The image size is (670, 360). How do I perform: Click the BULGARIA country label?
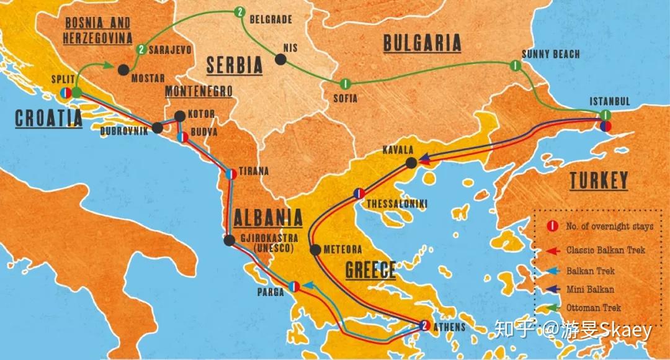coord(422,43)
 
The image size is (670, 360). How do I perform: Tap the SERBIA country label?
coord(234,65)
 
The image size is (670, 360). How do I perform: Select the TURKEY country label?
coord(599,181)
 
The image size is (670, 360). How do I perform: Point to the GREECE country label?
coord(370,270)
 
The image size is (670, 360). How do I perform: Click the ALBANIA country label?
coord(268,218)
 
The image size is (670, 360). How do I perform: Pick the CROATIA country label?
coord(48,118)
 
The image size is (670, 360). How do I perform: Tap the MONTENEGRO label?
coord(199,92)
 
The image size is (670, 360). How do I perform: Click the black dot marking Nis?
coord(280,60)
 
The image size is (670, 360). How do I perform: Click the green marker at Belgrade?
coord(240,11)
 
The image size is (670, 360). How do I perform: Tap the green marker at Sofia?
coord(345,84)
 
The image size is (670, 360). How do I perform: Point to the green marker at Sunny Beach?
coord(514,65)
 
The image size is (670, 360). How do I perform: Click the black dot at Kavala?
coord(411,163)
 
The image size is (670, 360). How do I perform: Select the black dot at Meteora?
coord(315,250)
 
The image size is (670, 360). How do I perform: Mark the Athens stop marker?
coord(424,325)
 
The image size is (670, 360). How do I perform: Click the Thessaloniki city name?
coord(397,204)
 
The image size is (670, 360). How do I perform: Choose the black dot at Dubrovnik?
coord(157,128)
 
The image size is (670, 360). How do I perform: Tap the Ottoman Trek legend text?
coord(593,307)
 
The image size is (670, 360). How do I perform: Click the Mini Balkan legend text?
coord(590,289)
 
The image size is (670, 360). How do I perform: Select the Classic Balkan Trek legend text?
coord(605,250)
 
